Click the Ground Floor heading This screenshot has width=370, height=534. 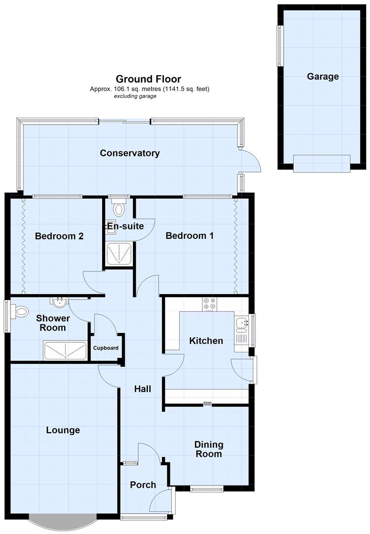pos(148,79)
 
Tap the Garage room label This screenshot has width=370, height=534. pos(323,77)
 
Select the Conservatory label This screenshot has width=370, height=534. pos(129,153)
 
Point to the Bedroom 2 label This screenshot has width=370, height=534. pos(59,236)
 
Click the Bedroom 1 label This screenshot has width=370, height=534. pos(189,236)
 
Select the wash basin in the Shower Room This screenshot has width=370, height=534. pos(58,301)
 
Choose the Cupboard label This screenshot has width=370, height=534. pos(106,348)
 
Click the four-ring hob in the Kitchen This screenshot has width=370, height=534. pos(208,304)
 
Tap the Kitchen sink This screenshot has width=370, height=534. pos(242,324)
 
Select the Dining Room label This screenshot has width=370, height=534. pos(208,449)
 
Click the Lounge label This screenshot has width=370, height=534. pos(63,430)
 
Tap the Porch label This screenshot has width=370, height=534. pos(143,485)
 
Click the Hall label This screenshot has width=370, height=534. pos(143,389)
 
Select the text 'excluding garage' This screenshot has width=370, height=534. pos(135,96)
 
